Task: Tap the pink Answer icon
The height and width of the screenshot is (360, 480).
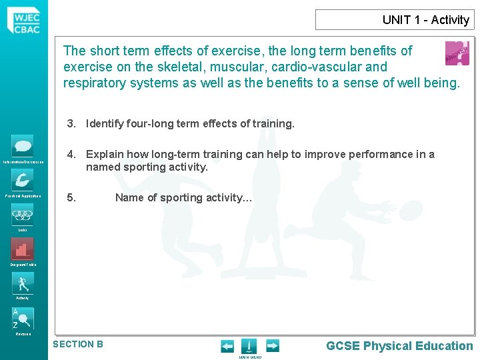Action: (x=457, y=53)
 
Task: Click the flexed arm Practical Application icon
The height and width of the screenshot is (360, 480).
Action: (x=23, y=179)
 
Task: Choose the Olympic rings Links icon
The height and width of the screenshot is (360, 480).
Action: (x=23, y=214)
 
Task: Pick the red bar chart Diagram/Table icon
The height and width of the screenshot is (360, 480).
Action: (x=23, y=249)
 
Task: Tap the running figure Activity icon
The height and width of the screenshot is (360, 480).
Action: (x=23, y=283)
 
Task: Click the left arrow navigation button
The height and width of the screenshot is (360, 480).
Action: (x=227, y=345)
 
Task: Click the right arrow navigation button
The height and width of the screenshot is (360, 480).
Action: (x=273, y=345)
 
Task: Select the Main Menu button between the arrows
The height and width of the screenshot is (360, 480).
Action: (x=249, y=347)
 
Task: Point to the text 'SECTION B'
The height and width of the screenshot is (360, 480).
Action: (x=78, y=344)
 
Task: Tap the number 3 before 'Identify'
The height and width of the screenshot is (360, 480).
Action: (x=70, y=123)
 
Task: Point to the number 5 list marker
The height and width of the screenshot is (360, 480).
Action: (x=71, y=197)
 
